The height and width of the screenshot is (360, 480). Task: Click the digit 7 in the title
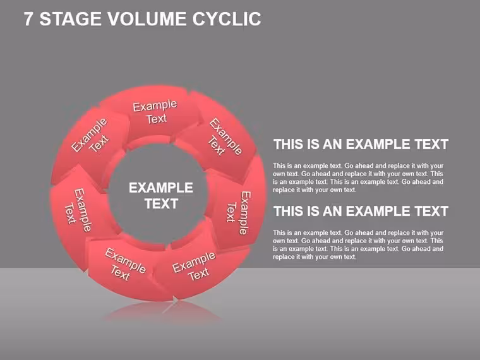click(28, 19)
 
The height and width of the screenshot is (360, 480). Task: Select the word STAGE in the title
click(70, 19)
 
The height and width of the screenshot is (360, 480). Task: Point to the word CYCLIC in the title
click(227, 19)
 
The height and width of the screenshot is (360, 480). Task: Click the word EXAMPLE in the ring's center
click(160, 188)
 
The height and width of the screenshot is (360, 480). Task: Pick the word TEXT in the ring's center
click(161, 203)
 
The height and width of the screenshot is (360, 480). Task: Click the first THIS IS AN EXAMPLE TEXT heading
click(361, 144)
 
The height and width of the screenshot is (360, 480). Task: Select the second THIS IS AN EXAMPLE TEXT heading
click(361, 211)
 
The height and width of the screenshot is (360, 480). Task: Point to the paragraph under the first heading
click(358, 177)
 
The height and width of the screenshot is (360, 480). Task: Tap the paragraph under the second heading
click(358, 244)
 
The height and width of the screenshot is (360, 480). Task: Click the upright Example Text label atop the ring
click(155, 112)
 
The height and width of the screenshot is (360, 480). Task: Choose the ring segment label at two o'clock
click(225, 137)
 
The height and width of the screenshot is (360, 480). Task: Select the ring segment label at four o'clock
click(239, 213)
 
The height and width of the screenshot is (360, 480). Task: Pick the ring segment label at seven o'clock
click(125, 265)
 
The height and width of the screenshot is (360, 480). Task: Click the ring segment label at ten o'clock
click(90, 135)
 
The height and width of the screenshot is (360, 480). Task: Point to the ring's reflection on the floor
click(162, 311)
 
